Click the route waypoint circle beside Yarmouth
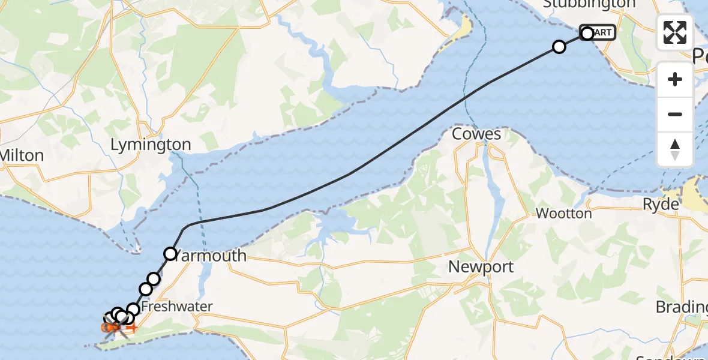(x=170, y=254)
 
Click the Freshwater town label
(x=178, y=307)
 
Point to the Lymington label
(x=151, y=145)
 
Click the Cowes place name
(x=476, y=134)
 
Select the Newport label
(x=482, y=266)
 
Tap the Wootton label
(x=563, y=213)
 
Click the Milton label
(x=22, y=156)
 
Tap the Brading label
(x=681, y=307)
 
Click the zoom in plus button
(x=675, y=79)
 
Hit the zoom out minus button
(x=675, y=114)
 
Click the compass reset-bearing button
(x=675, y=149)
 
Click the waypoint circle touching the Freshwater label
(x=133, y=310)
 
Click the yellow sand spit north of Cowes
(x=463, y=28)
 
